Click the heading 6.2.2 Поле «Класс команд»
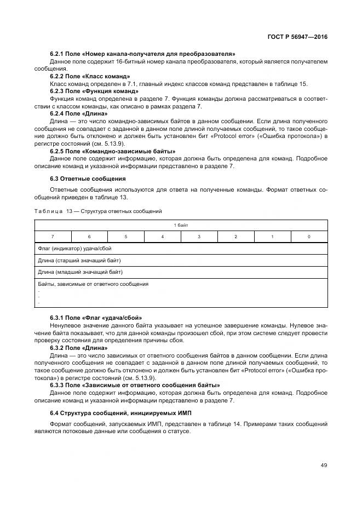click(90, 77)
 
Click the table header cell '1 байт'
click(181, 225)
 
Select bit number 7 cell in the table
click(53, 237)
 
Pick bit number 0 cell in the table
click(309, 237)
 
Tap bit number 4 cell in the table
click(163, 237)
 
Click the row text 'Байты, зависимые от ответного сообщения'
click(93, 284)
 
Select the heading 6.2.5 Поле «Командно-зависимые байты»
click(112, 151)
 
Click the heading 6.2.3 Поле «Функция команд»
click(94, 91)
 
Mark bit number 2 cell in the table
click(235, 237)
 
